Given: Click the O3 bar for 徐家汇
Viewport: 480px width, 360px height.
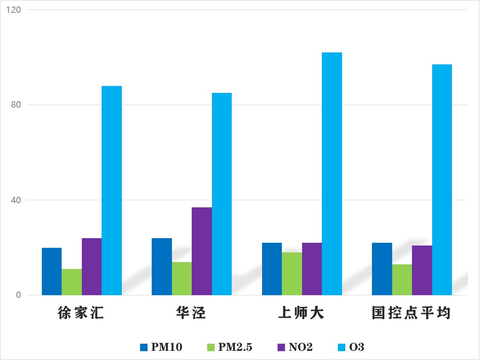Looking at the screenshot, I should coord(112,190).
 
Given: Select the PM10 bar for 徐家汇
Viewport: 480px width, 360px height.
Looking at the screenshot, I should coord(51,271).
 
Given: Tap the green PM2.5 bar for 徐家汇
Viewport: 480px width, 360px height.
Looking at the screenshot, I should coord(72,282).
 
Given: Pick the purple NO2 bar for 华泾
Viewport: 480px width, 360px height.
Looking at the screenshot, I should coord(202,251).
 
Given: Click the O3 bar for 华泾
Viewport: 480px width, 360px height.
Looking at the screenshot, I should coord(222,194).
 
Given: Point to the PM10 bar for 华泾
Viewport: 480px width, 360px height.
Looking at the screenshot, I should coord(162,267).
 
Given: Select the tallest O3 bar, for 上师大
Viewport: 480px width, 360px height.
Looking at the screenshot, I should coord(332,174).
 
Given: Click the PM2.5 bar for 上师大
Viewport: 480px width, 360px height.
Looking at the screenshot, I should coord(292,274).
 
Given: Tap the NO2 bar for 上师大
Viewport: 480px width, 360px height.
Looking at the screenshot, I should coord(312,269).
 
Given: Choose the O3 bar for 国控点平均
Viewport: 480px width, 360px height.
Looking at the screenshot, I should coord(442,179).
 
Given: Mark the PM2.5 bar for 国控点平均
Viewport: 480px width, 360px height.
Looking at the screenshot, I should coord(402,280).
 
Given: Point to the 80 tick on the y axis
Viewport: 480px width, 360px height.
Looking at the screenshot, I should coord(17,105).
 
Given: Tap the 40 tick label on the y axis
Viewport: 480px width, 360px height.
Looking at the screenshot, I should coord(17,200).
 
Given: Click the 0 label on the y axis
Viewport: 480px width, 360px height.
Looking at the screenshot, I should coord(19,295).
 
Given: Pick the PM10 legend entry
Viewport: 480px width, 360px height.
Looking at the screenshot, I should coord(161,347).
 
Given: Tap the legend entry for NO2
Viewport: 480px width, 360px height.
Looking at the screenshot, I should coord(295,347).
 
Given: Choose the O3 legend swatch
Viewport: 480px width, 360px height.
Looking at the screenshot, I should coord(342,347).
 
